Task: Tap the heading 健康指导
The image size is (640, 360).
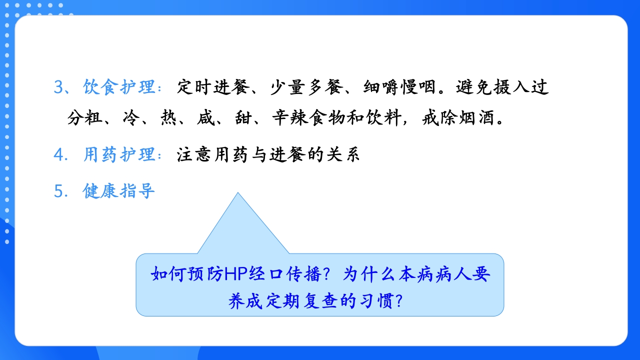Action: (x=119, y=191)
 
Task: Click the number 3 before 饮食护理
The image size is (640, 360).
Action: (x=59, y=87)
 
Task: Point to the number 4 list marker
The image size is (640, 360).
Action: (x=59, y=155)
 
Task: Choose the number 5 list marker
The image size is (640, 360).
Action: (x=59, y=191)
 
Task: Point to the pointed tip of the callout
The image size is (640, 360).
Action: (x=238, y=194)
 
